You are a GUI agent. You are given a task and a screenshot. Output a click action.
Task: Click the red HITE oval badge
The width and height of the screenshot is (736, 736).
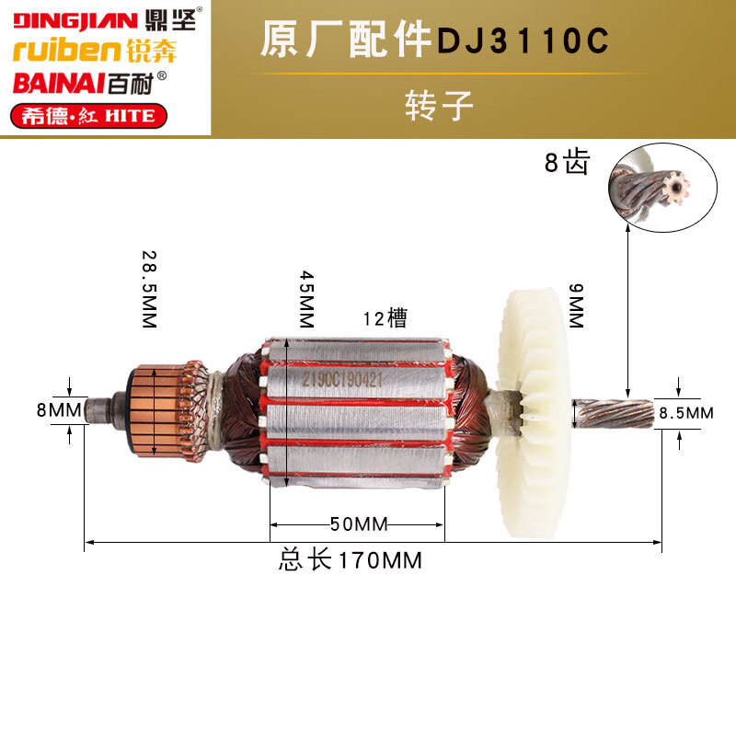[x=88, y=116]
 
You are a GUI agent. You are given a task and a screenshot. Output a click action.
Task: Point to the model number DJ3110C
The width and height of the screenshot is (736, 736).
[x=523, y=40]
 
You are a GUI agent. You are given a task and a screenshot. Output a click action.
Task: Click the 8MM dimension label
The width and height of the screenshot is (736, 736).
[x=59, y=409]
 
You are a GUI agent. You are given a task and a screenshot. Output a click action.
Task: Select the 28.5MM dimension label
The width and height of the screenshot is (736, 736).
[x=149, y=289]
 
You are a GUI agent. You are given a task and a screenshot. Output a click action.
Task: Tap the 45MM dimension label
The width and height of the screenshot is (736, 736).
[x=306, y=299]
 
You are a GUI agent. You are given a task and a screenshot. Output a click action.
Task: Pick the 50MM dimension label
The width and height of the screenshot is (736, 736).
[x=359, y=524]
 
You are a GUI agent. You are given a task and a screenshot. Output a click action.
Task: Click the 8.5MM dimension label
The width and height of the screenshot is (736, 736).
[x=686, y=413]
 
